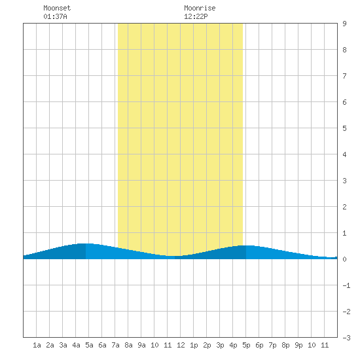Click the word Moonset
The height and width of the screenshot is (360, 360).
[57, 8]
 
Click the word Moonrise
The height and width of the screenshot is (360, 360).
[200, 8]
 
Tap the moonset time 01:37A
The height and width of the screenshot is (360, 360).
[55, 16]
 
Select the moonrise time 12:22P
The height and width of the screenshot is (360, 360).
[196, 16]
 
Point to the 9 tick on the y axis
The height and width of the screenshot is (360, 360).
[344, 24]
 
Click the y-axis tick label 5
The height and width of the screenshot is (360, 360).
[344, 128]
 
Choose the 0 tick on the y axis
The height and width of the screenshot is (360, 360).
[344, 259]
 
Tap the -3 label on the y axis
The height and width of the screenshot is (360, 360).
[346, 338]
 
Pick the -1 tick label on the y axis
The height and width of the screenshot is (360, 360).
[346, 285]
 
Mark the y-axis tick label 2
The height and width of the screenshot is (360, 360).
[344, 207]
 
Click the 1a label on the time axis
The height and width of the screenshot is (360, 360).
[37, 345]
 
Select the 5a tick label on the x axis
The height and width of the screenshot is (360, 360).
[89, 345]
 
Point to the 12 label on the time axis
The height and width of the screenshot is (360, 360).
[181, 345]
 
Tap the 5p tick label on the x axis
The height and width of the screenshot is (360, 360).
[246, 345]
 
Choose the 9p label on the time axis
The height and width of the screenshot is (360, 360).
[298, 345]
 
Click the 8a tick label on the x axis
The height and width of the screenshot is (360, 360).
[128, 345]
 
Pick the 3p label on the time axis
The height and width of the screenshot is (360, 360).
[220, 345]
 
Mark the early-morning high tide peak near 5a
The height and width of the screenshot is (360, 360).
[85, 243]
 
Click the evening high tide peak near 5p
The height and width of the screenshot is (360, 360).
[245, 245]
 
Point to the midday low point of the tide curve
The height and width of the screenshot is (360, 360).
[174, 256]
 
